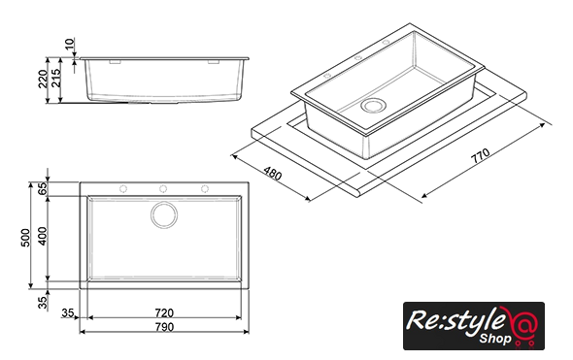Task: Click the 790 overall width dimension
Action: [164, 327]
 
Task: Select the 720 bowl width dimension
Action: [164, 312]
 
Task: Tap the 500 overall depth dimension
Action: [25, 238]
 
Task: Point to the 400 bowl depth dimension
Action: [43, 236]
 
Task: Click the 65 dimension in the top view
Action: [43, 189]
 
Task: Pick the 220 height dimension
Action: [43, 79]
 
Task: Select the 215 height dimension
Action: [56, 78]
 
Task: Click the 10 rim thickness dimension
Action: [69, 44]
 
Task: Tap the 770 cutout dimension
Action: [480, 155]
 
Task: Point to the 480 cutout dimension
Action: [273, 174]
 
